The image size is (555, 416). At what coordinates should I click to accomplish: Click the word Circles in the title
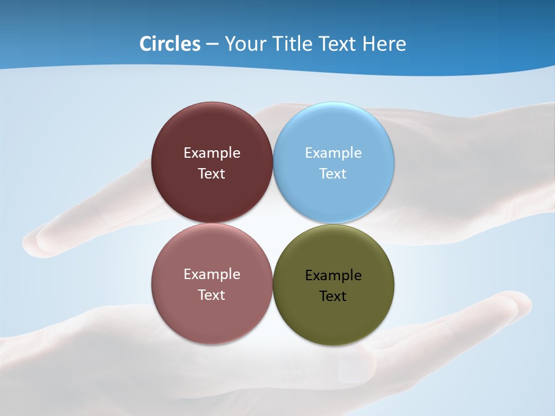point(169,44)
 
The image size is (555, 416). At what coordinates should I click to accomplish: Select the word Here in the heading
point(384,44)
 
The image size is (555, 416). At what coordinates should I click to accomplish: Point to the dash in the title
point(212,44)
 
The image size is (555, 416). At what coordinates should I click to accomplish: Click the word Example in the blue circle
point(334,153)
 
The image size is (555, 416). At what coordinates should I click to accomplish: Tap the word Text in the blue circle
point(333,174)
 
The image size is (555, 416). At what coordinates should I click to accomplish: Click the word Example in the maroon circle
point(212,153)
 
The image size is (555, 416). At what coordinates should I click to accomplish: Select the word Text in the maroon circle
point(212,174)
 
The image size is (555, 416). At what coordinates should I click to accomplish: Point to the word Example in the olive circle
point(334,276)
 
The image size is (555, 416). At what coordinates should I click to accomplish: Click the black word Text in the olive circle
point(333,296)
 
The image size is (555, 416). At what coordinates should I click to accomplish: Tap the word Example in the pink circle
point(212,274)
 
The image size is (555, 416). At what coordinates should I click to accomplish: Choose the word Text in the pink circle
point(212,295)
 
